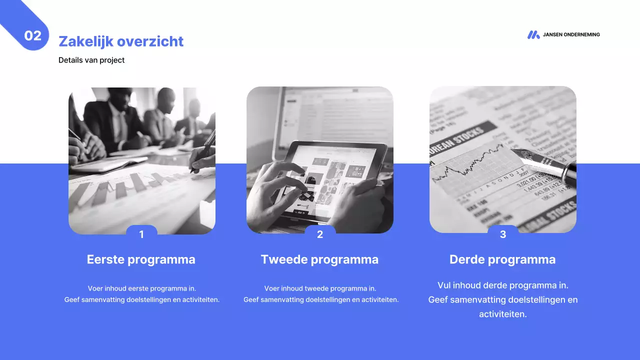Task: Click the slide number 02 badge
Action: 33,35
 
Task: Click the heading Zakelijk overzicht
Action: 121,41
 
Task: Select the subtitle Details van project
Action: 91,60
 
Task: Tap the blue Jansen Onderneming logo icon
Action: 533,35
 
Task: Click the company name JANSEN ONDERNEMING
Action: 571,35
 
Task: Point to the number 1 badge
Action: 141,234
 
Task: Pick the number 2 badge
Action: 320,234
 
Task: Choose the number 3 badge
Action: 503,234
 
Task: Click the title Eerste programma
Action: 141,259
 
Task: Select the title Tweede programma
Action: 319,259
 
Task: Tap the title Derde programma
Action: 502,259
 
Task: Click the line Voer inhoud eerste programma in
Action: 142,288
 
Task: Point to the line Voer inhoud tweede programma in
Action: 320,288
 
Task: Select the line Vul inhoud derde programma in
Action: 503,285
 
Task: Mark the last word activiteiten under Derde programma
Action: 503,314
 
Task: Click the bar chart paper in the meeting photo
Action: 125,190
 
